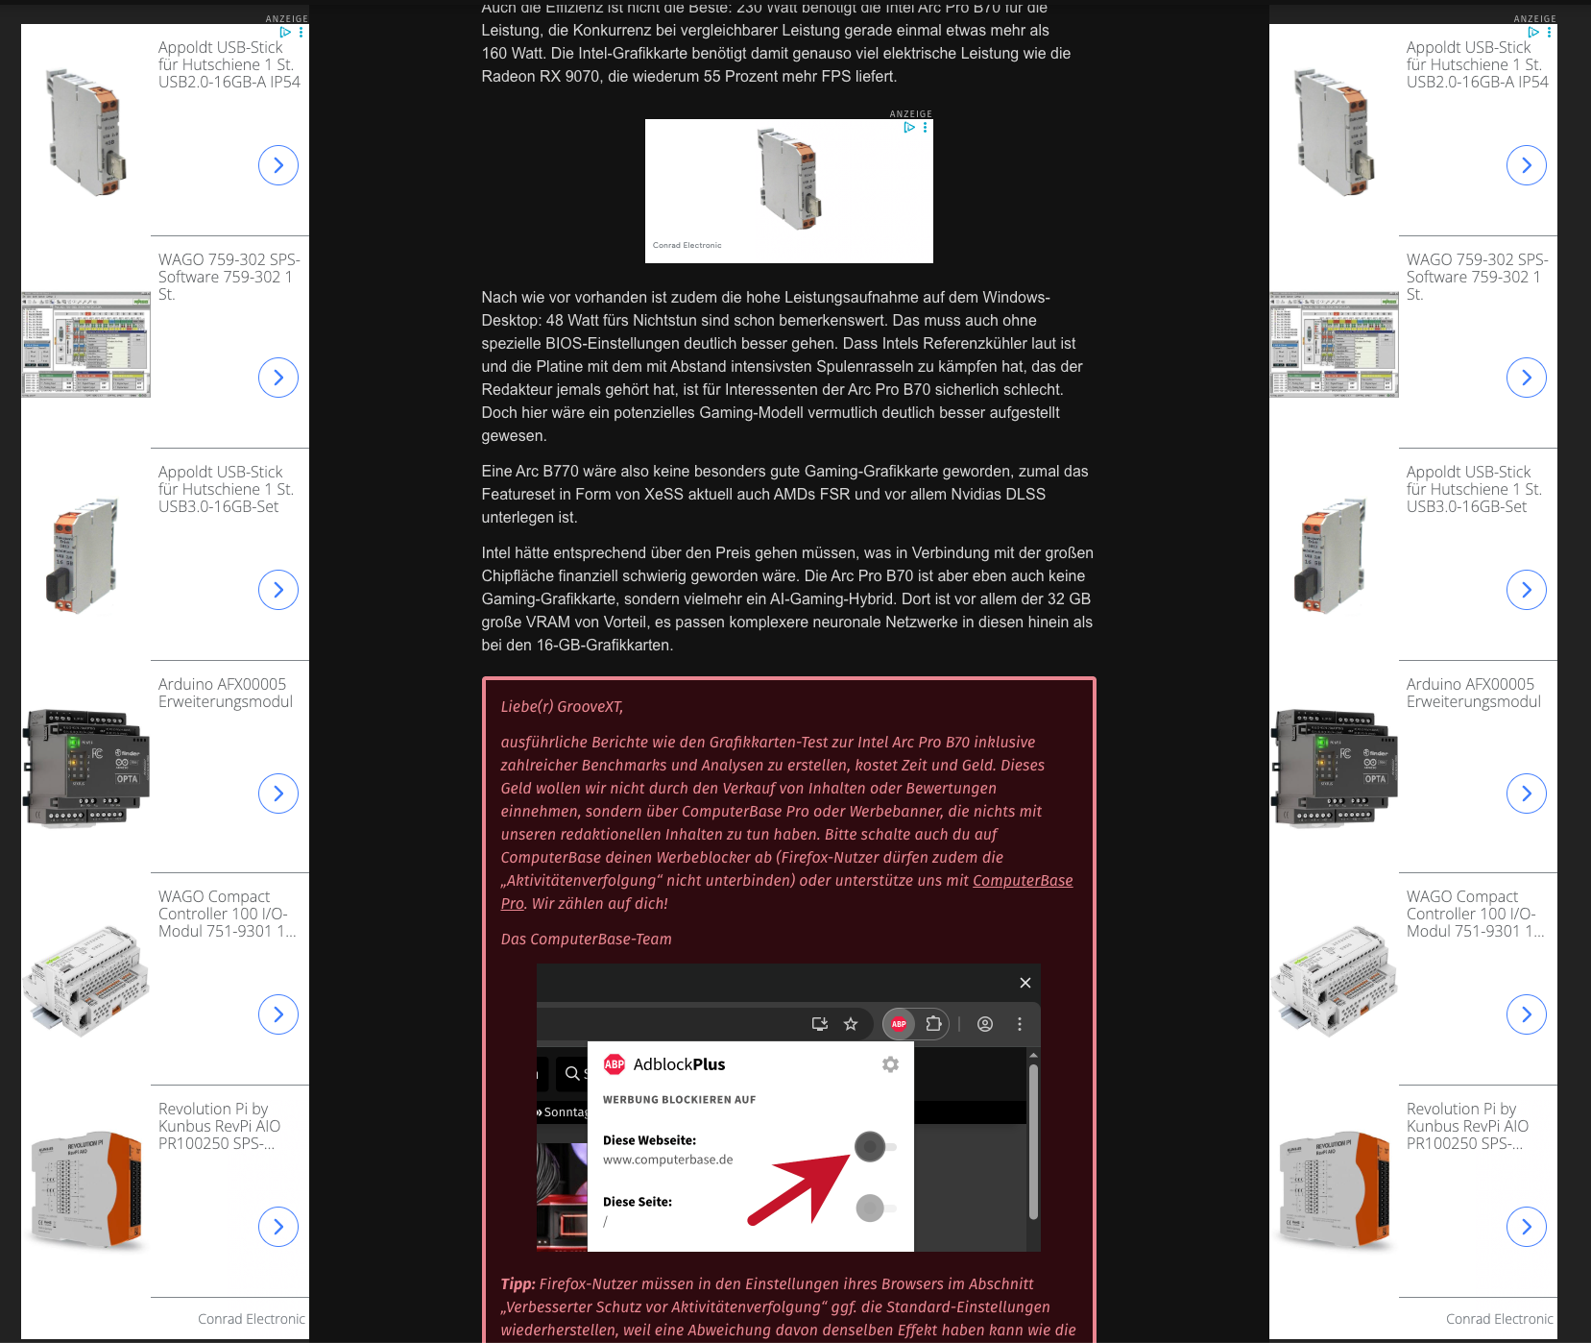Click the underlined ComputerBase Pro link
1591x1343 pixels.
[1023, 881]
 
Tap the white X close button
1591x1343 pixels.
[1025, 983]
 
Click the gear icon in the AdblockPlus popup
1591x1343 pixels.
[890, 1064]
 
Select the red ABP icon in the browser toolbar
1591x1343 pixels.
[899, 1024]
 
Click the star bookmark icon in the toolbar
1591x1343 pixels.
[851, 1024]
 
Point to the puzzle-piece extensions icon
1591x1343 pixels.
[933, 1024]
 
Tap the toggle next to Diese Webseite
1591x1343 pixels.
[875, 1146]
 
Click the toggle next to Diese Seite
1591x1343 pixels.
[875, 1208]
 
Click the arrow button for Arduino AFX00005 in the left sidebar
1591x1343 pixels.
[278, 794]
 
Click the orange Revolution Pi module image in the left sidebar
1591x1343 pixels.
[86, 1190]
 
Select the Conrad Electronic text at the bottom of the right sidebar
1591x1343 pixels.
[1500, 1319]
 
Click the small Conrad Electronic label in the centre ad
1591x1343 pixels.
[687, 245]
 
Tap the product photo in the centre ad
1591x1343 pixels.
[789, 179]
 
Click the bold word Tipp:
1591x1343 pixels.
[518, 1284]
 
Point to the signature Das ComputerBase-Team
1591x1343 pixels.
[586, 940]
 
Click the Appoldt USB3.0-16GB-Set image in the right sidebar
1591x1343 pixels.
[1335, 554]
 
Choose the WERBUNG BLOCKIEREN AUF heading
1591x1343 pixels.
[679, 1100]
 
